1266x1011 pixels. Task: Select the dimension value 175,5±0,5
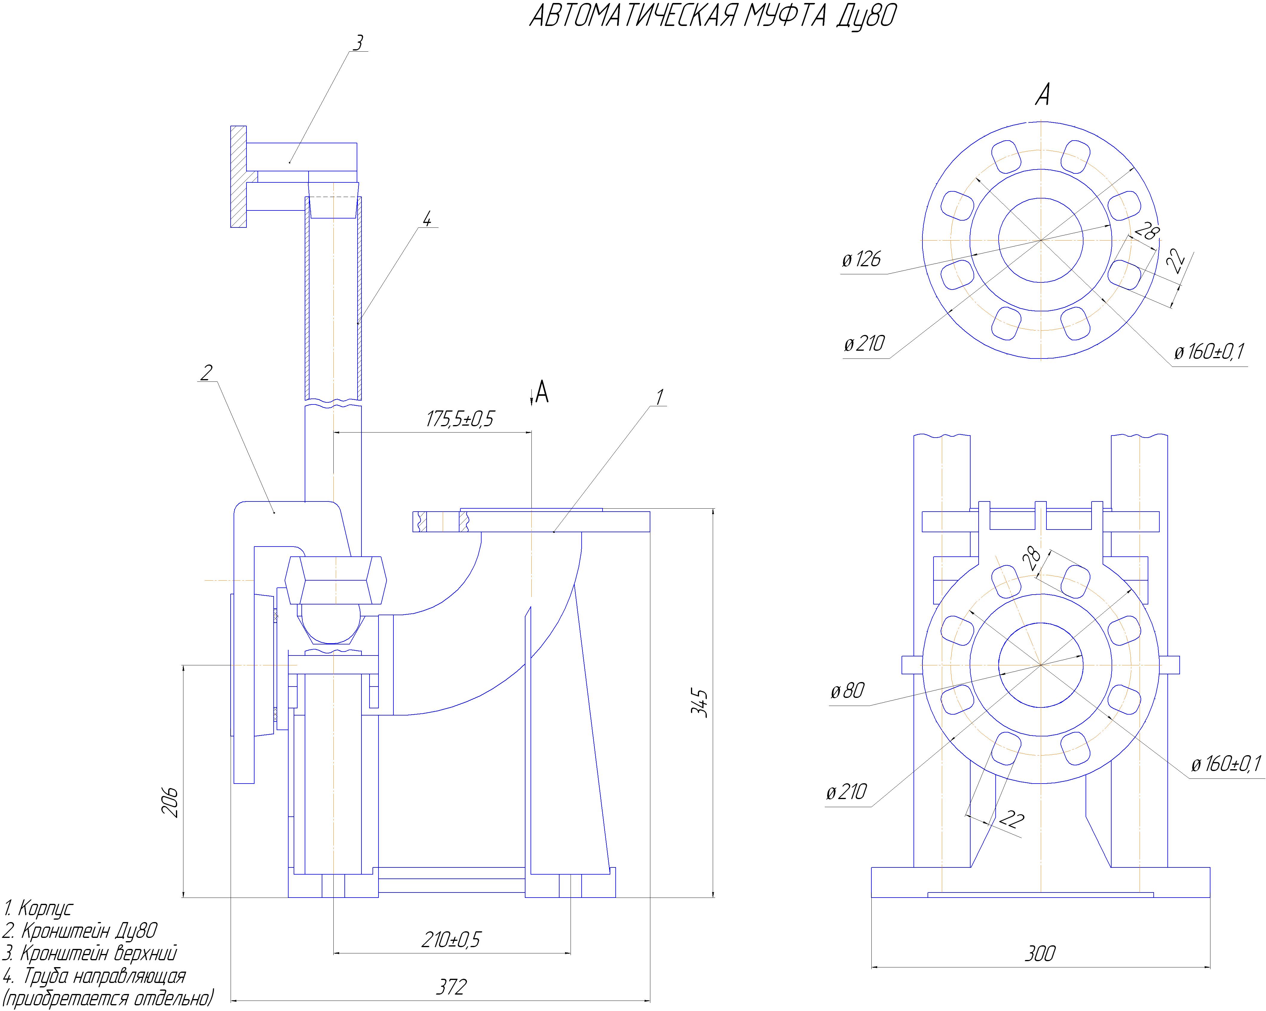[460, 419]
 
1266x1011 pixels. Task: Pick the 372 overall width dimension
[451, 987]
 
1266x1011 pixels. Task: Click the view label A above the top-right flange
[1042, 94]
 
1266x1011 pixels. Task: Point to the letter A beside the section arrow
[542, 392]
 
